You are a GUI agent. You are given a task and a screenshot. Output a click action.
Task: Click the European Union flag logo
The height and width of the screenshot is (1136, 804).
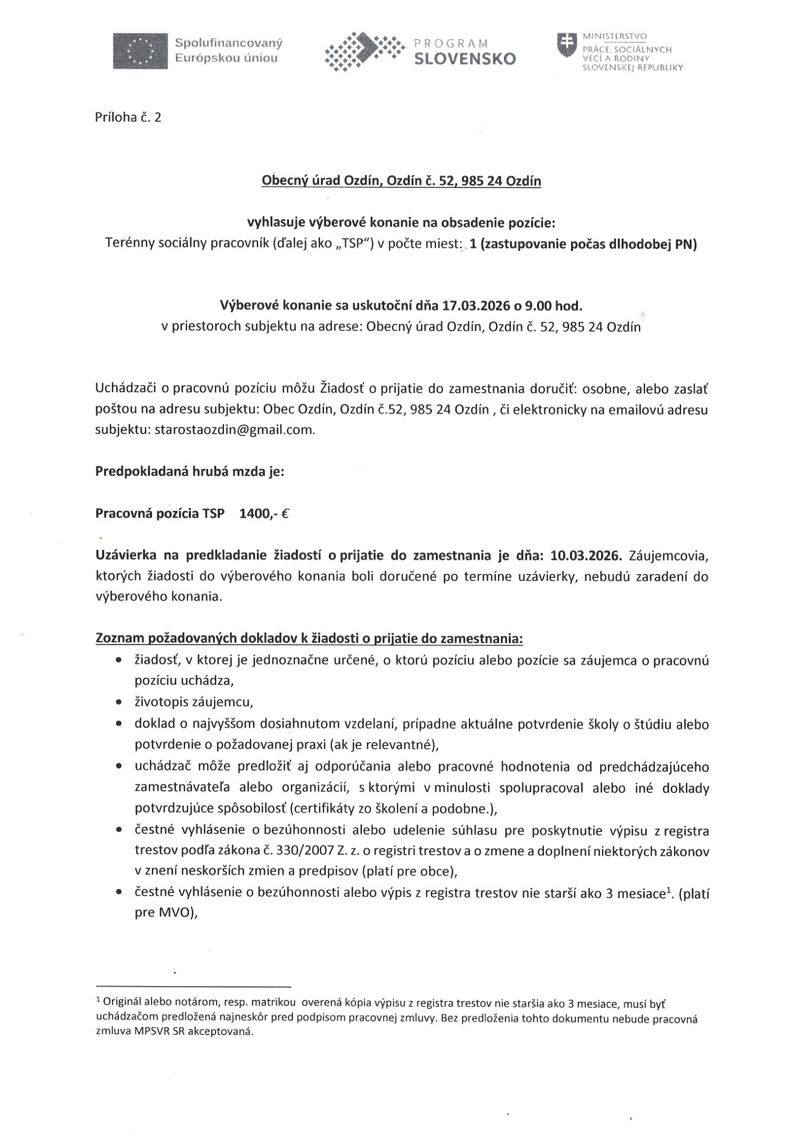point(140,51)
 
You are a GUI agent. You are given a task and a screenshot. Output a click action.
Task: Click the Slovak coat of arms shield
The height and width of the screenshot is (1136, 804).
point(567,44)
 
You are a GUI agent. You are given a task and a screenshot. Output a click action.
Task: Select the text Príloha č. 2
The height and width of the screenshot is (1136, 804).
point(128,118)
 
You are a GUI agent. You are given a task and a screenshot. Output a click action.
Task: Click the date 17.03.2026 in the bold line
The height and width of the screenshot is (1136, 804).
point(476,306)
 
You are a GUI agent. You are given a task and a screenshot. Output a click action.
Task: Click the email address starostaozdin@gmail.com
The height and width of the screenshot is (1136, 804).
point(235,430)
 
